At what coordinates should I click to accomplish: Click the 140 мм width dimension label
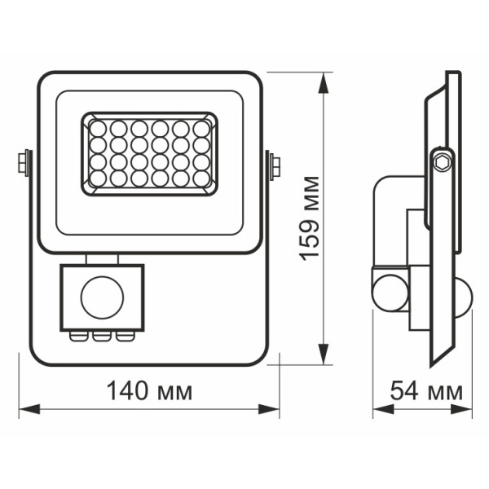pos(150,391)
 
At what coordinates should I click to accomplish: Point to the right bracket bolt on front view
pos(275,165)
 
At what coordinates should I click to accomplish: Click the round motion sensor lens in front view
pos(101,295)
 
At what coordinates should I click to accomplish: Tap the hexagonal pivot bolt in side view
pos(443,159)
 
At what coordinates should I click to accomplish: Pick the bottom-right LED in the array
pos(200,178)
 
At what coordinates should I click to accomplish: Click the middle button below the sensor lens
pos(102,333)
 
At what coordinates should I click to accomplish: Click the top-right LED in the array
pos(200,129)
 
